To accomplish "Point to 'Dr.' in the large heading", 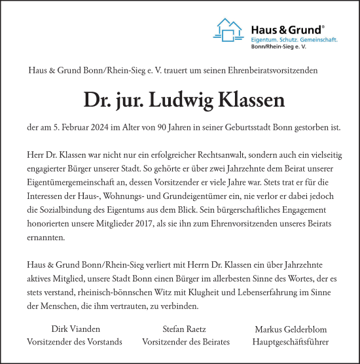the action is tap(96, 101).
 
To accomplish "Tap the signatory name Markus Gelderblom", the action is tap(290, 329).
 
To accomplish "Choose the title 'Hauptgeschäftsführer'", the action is tap(290, 342).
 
